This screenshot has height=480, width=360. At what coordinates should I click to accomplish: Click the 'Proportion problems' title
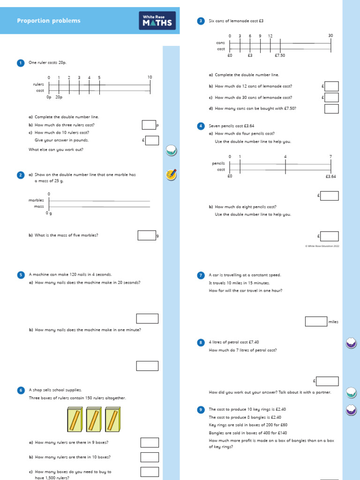[49, 21]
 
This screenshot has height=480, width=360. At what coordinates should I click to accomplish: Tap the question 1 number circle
[20, 63]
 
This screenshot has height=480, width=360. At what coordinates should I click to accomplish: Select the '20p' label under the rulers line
[59, 97]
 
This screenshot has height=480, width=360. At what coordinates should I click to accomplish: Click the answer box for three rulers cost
[149, 125]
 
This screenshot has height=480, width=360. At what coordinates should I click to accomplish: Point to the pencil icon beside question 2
[171, 175]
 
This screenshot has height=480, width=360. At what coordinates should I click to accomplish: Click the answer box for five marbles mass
[146, 235]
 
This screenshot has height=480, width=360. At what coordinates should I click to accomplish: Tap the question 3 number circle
[201, 21]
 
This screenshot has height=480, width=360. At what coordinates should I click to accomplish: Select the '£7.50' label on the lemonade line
[280, 55]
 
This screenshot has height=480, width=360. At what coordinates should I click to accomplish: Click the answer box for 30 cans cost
[331, 97]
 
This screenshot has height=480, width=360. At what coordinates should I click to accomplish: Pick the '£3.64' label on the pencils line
[330, 177]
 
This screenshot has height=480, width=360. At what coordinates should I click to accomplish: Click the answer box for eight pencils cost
[329, 236]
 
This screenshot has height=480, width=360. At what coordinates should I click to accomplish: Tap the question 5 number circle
[20, 274]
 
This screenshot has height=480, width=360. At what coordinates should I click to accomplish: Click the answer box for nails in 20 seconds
[147, 319]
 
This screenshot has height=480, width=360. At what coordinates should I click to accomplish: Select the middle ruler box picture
[93, 420]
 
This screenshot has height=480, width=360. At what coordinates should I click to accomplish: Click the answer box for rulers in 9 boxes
[150, 442]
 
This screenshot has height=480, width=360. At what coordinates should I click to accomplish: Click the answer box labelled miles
[316, 322]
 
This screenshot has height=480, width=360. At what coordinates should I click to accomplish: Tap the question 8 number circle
[201, 343]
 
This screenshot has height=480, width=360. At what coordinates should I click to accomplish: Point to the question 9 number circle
[201, 410]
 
